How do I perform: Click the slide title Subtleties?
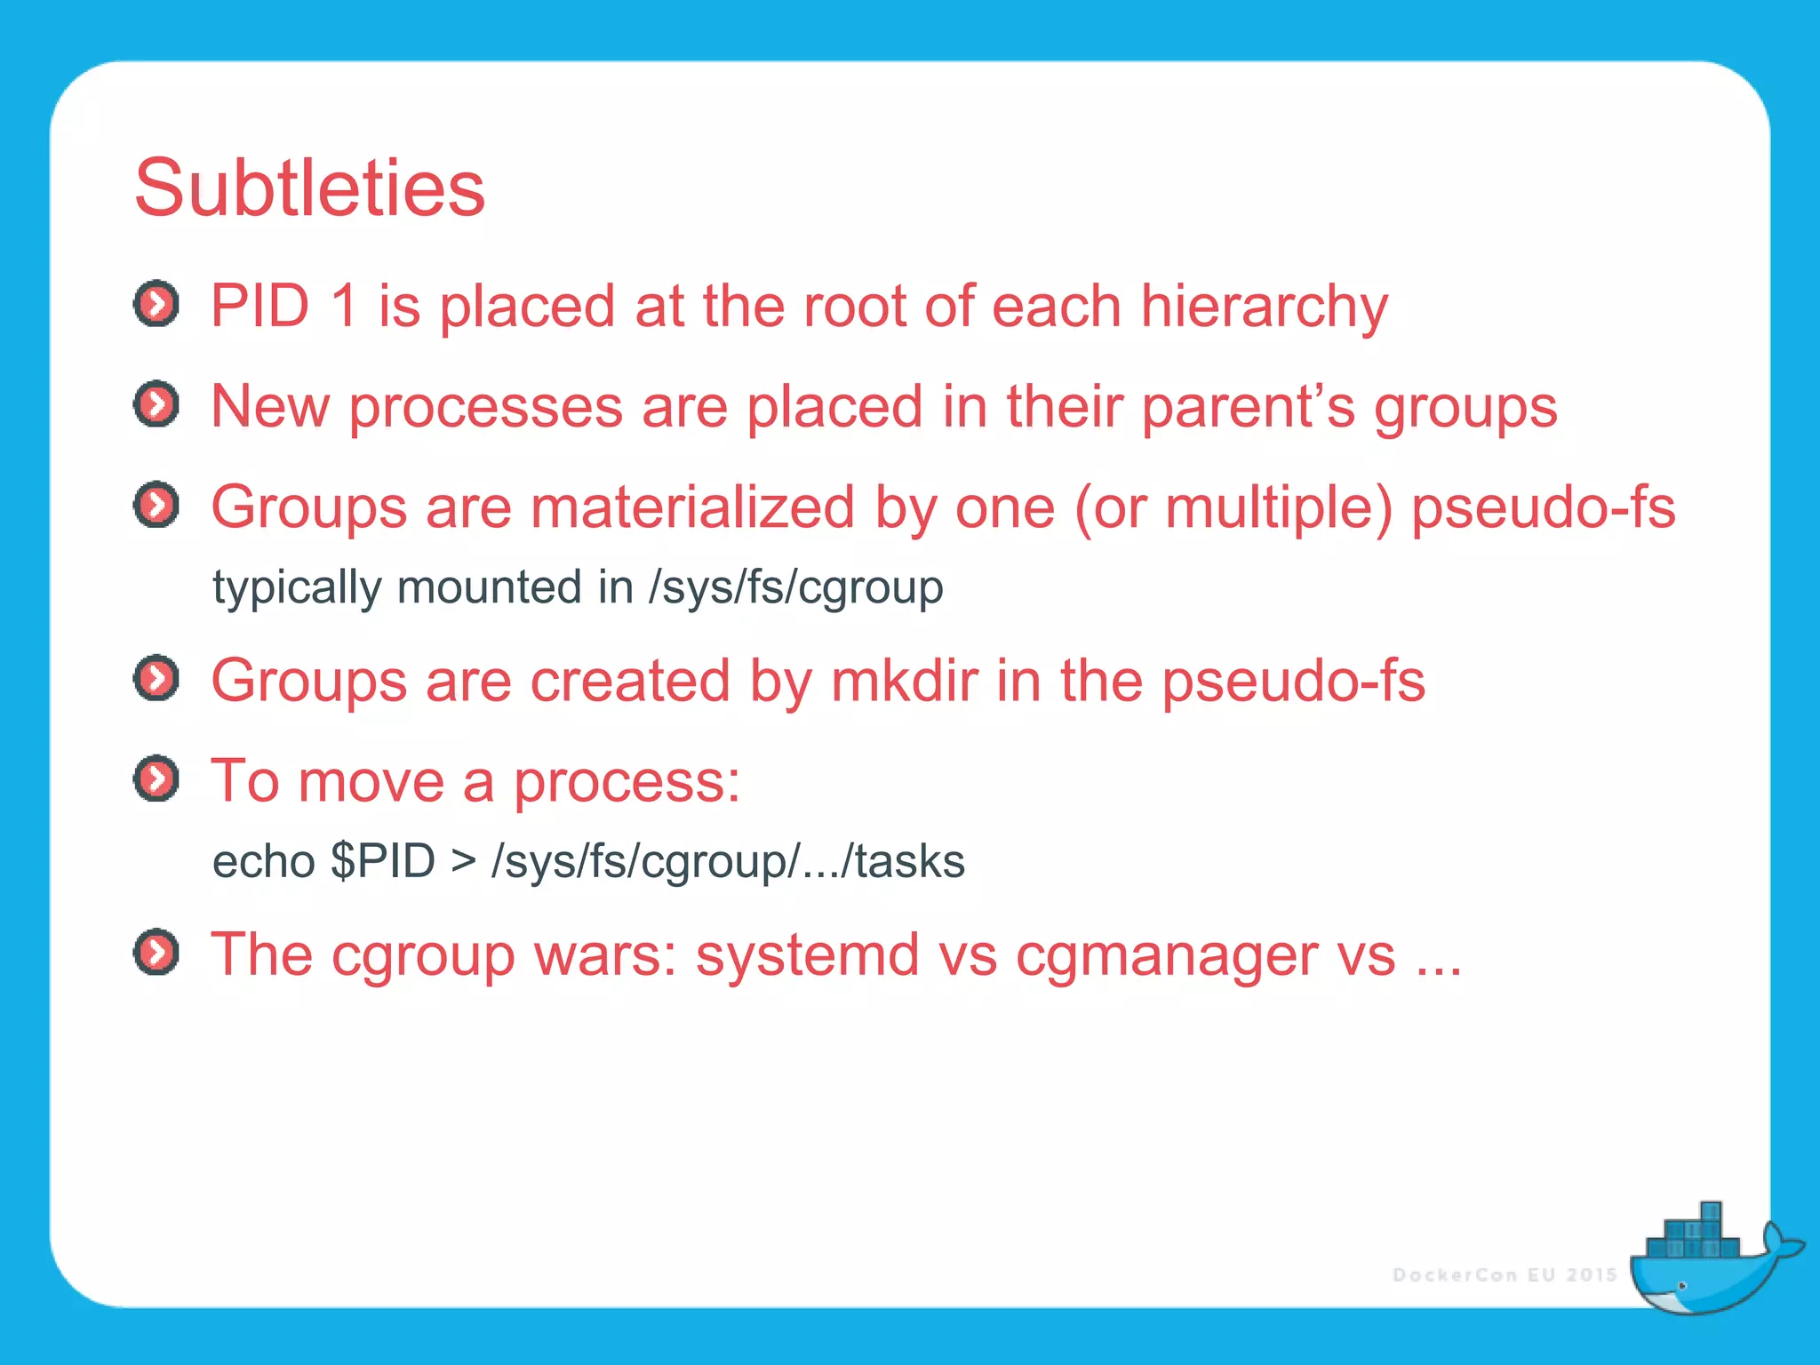309,188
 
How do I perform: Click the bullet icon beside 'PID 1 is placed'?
156,305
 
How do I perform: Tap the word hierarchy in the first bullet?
1263,307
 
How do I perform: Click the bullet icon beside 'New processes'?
156,405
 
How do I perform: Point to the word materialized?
693,507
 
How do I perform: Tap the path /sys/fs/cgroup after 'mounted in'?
795,588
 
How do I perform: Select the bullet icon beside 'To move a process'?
156,779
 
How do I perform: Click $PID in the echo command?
382,861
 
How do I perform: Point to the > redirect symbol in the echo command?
463,862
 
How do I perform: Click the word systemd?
807,955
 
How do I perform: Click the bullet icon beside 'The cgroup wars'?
156,953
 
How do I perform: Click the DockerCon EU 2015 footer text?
1504,1275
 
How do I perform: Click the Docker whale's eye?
1681,1286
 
